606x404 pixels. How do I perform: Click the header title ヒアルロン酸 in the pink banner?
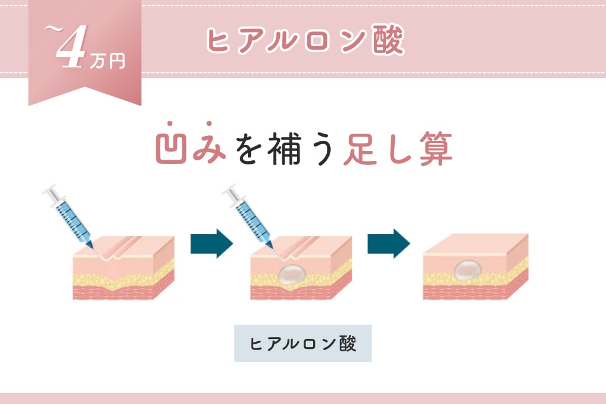[305, 40]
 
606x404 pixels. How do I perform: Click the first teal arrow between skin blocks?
[212, 244]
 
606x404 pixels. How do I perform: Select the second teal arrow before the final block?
[388, 243]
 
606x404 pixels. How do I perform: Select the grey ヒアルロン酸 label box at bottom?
[303, 343]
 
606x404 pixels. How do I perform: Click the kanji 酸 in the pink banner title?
[388, 40]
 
